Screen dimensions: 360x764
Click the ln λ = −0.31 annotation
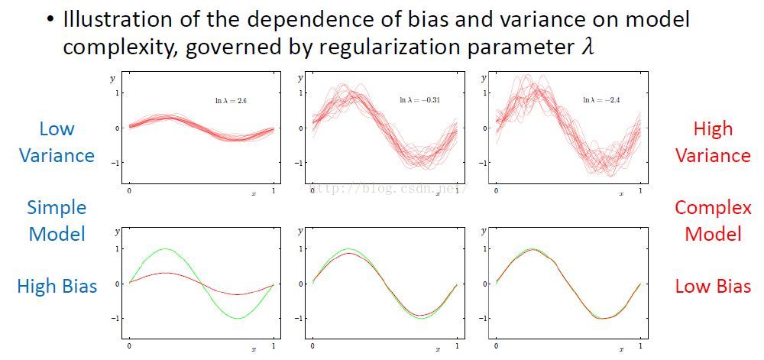pyautogui.click(x=420, y=100)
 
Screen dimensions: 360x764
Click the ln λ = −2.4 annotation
pyautogui.click(x=604, y=100)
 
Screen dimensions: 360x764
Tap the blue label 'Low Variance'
pyautogui.click(x=57, y=142)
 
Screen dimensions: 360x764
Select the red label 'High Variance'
pyautogui.click(x=713, y=142)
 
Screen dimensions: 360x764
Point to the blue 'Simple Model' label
pyautogui.click(x=57, y=220)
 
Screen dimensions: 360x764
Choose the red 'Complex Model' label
pyautogui.click(x=713, y=220)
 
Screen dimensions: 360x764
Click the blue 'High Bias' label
pyautogui.click(x=57, y=286)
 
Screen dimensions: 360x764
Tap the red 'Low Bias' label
pyautogui.click(x=713, y=286)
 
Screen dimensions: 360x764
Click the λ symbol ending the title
pyautogui.click(x=586, y=46)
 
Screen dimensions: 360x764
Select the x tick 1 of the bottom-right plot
pyautogui.click(x=640, y=346)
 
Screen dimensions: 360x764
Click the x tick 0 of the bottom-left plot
pyautogui.click(x=128, y=346)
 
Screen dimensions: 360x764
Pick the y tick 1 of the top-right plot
pyautogui.click(x=483, y=92)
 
